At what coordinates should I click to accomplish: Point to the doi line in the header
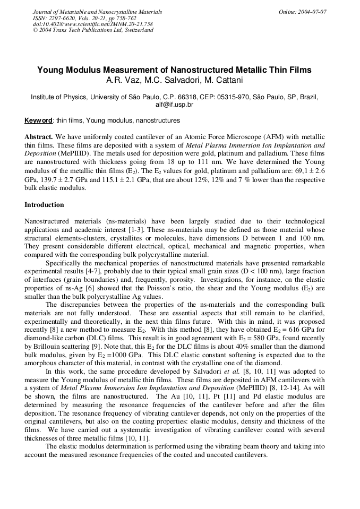(92, 24)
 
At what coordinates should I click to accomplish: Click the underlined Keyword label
(38, 120)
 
